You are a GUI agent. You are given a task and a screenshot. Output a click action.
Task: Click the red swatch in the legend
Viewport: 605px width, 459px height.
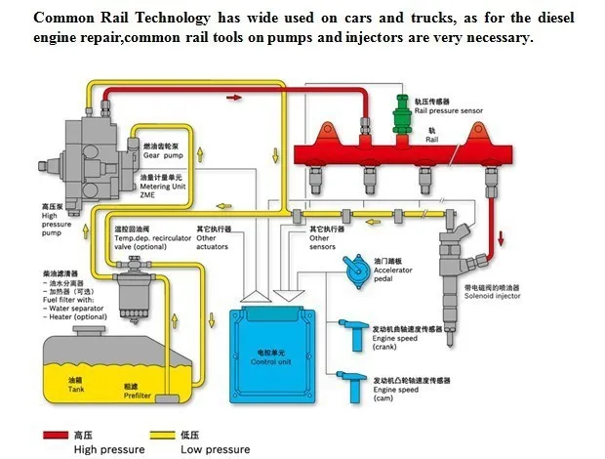[55, 437]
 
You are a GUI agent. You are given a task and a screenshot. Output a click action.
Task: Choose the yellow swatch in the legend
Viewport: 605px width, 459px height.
[164, 437]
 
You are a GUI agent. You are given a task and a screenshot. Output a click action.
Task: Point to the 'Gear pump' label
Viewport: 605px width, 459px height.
[163, 154]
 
